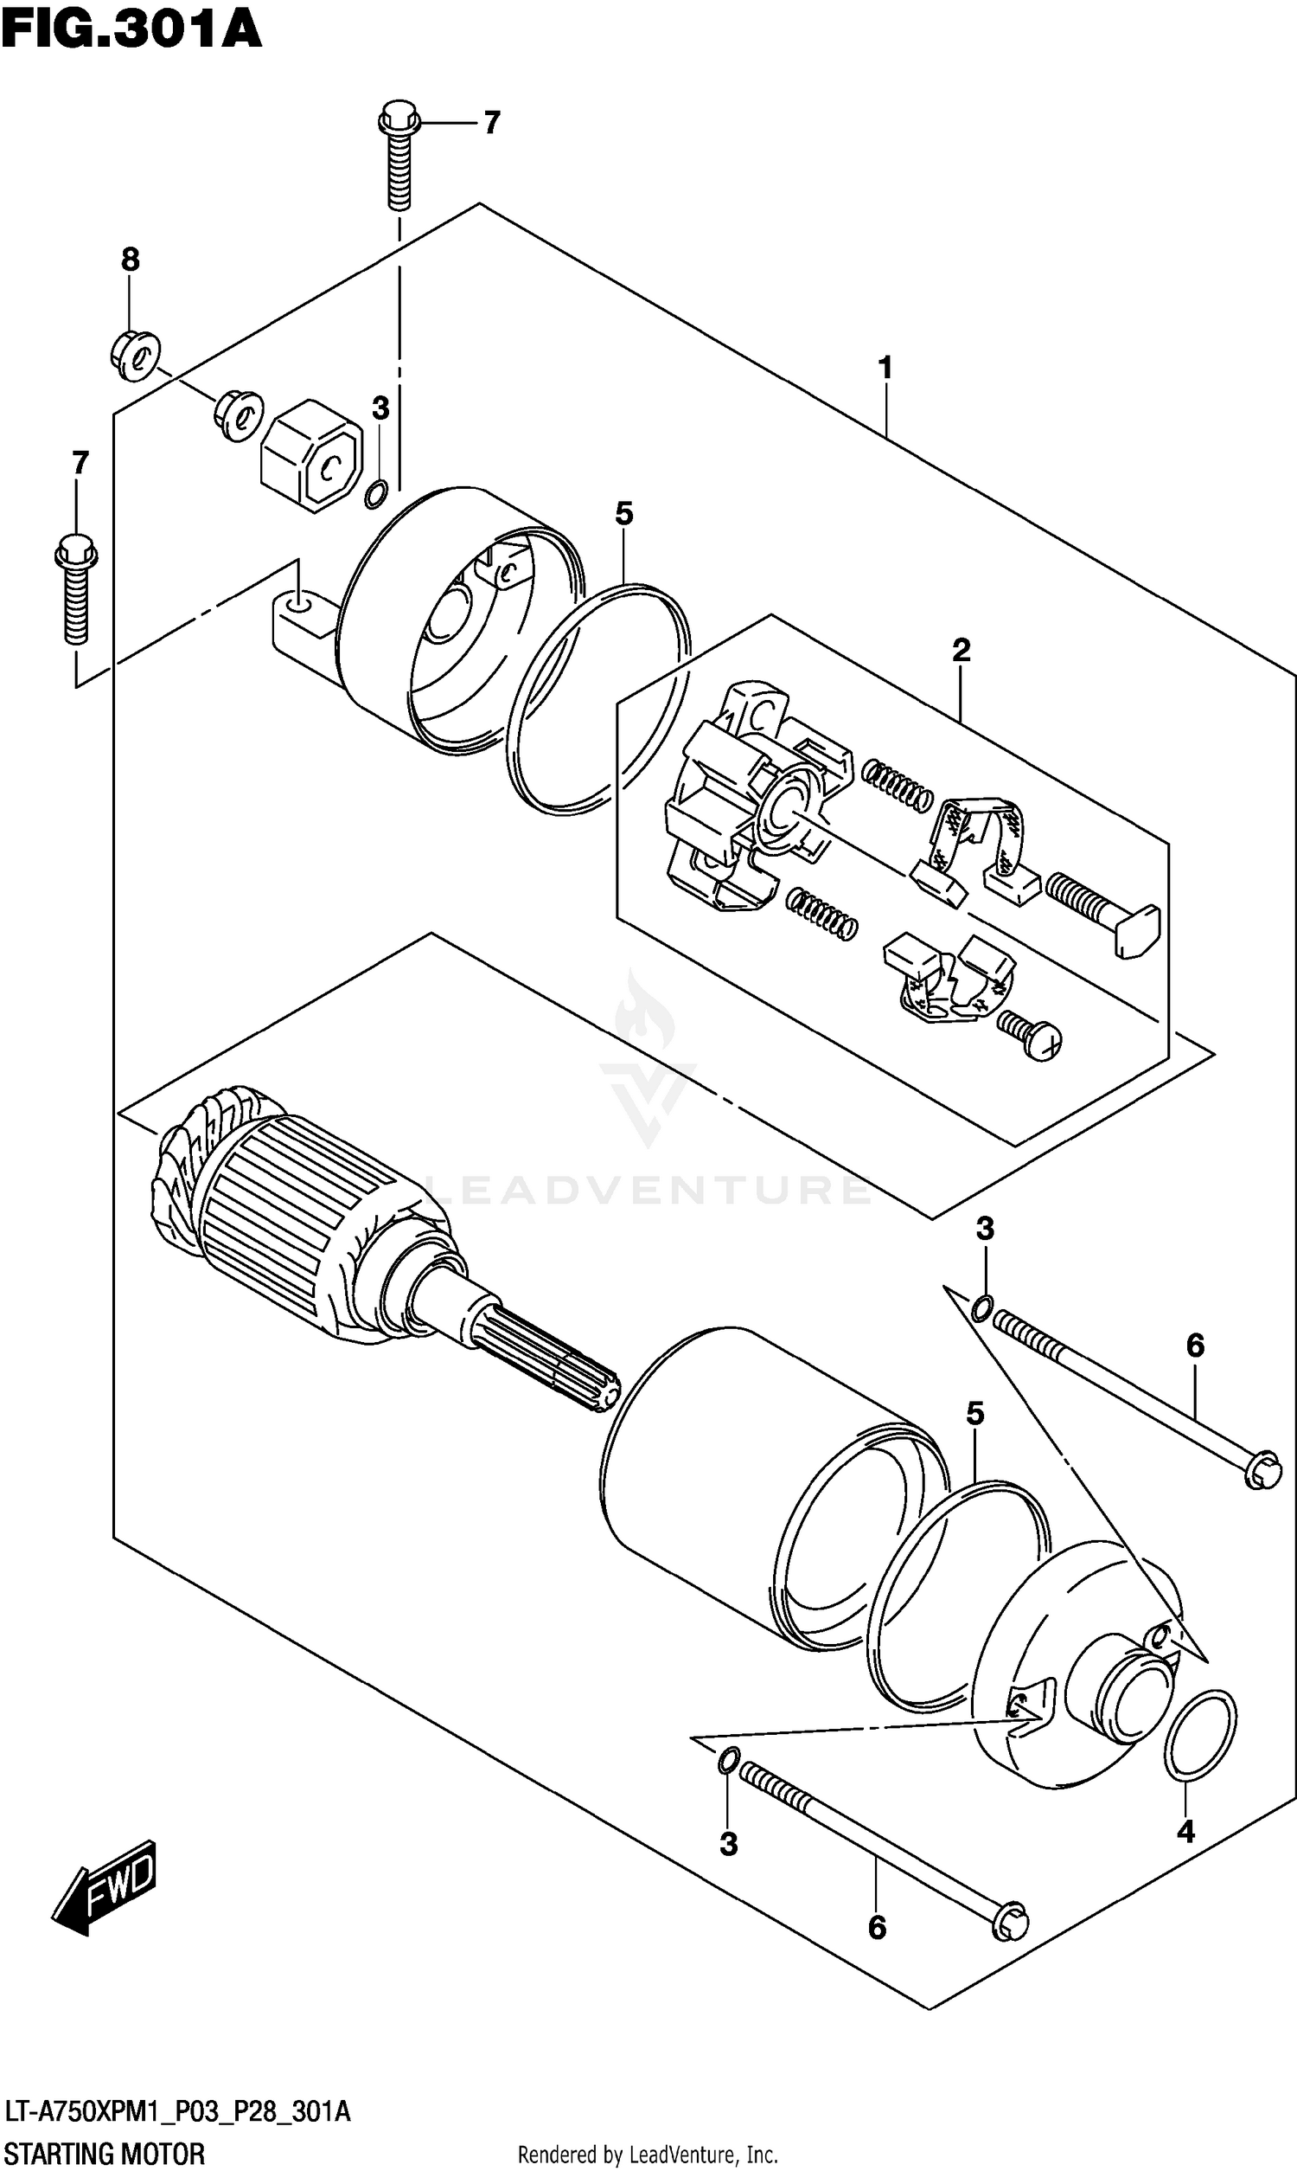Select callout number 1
click(x=885, y=368)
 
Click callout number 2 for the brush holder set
click(x=961, y=650)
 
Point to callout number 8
click(x=130, y=259)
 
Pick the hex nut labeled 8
click(x=136, y=354)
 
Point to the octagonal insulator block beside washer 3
click(x=313, y=453)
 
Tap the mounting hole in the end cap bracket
click(x=298, y=603)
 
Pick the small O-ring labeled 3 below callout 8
click(x=377, y=495)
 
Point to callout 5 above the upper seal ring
click(x=623, y=514)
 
